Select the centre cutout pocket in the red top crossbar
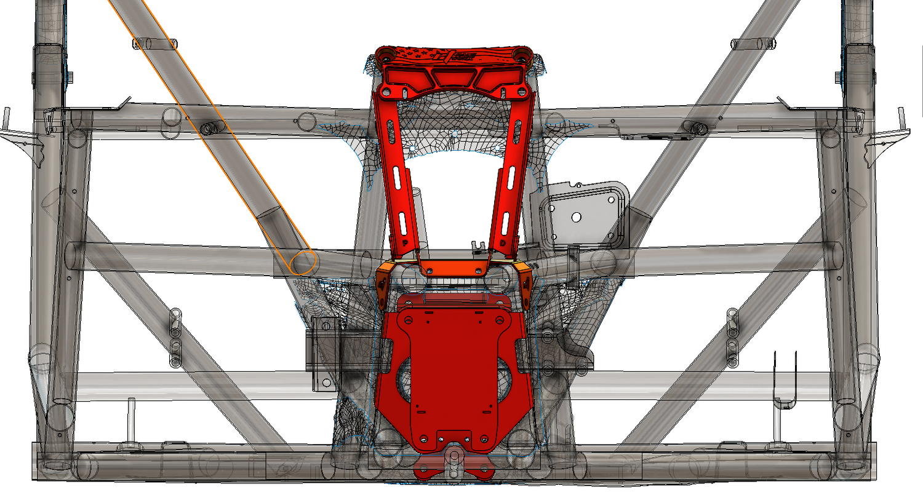click(454, 79)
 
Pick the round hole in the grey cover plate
click(577, 217)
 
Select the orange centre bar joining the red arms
click(453, 268)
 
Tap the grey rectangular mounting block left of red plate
click(322, 354)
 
